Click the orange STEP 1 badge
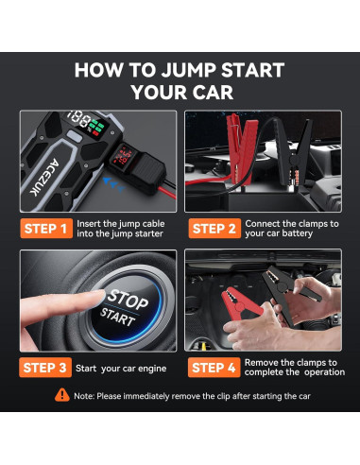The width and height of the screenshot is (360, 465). (46, 229)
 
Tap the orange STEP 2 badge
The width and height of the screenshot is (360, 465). (214, 229)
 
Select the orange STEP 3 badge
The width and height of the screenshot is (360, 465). (45, 368)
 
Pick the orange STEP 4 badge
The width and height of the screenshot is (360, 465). (214, 368)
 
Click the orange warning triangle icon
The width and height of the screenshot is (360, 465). (62, 395)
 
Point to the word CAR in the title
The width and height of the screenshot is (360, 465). (213, 93)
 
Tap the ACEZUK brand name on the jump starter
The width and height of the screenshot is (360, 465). (44, 177)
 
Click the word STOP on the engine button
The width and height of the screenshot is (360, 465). (128, 300)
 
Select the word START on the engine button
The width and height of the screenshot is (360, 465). (117, 318)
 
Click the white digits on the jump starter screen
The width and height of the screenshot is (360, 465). (79, 119)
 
